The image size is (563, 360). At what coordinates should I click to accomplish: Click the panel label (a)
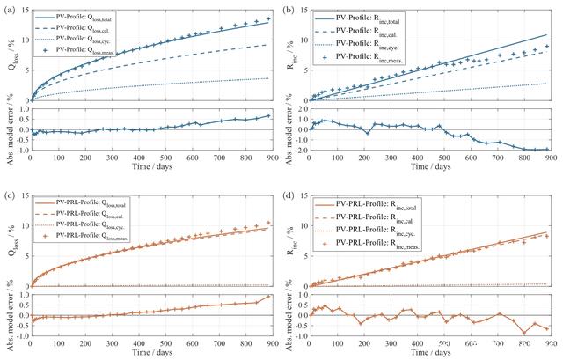[x=9, y=7]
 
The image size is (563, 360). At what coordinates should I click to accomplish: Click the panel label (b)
[x=287, y=7]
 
